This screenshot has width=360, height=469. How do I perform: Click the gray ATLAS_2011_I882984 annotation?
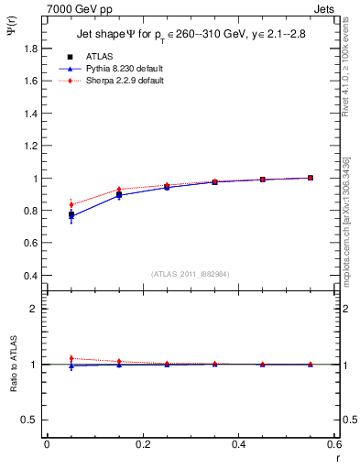tap(190, 273)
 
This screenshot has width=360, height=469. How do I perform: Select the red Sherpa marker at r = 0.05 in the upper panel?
tap(71, 204)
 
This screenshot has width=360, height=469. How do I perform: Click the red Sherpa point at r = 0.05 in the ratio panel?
tap(71, 358)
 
